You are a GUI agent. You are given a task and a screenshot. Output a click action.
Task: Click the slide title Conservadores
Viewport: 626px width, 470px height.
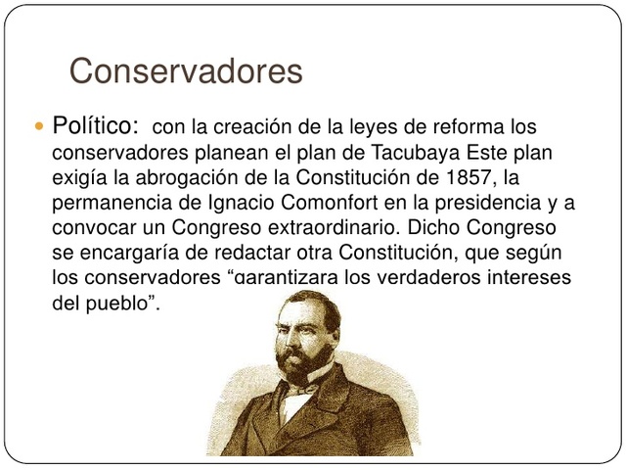(x=187, y=71)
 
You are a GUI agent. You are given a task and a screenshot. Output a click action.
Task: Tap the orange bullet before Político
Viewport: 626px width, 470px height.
(x=39, y=127)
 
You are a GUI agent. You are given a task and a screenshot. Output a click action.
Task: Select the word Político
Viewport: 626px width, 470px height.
(x=95, y=127)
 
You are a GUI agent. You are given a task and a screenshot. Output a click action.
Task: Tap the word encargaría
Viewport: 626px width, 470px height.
(x=122, y=254)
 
